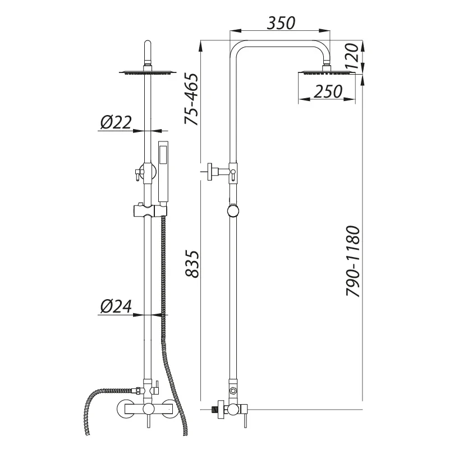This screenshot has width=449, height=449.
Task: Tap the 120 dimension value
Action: coord(351,57)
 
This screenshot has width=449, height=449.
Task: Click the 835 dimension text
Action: coord(192,263)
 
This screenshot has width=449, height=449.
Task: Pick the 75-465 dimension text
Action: coord(192,99)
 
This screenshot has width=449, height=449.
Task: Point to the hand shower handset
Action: coord(163,171)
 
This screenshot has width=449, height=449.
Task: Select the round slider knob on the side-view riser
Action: coord(232,211)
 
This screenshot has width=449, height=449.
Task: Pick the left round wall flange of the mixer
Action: coord(125,409)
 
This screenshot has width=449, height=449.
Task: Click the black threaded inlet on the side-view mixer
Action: coord(214,409)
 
